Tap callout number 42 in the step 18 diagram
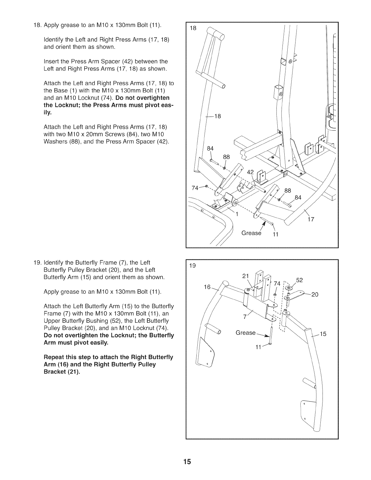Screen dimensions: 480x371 (x=251, y=172)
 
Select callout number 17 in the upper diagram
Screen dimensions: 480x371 (x=311, y=220)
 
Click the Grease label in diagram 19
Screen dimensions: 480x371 (x=246, y=333)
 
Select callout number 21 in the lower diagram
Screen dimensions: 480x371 (x=246, y=276)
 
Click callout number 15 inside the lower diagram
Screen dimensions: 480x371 (x=323, y=334)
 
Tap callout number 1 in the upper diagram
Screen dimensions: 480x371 (x=237, y=215)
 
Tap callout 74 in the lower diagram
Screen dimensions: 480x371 (x=277, y=284)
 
